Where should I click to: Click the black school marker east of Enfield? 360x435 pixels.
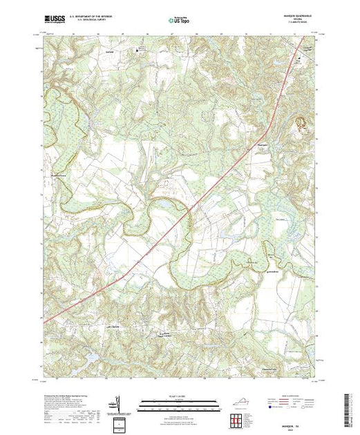pyautogui.click(x=137, y=50)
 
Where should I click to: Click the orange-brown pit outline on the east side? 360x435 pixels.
pyautogui.click(x=301, y=123)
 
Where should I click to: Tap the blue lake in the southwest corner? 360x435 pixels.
pyautogui.click(x=91, y=358)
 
